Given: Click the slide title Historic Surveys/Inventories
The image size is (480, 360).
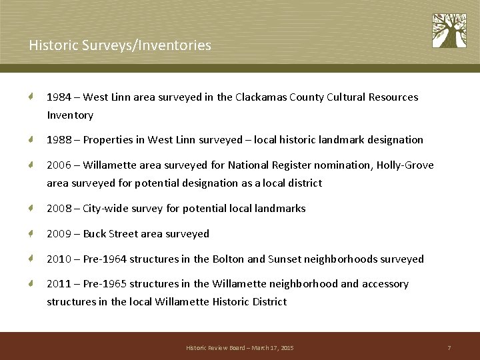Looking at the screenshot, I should [120, 45].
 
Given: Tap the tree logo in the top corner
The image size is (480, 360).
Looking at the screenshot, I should [449, 31].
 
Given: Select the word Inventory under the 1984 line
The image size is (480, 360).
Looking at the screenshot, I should [70, 115].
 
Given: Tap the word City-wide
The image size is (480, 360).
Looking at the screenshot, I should [105, 209].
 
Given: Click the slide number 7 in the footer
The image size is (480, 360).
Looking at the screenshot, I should [449, 348].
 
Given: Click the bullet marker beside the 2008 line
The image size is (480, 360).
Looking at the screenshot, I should [31, 209].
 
